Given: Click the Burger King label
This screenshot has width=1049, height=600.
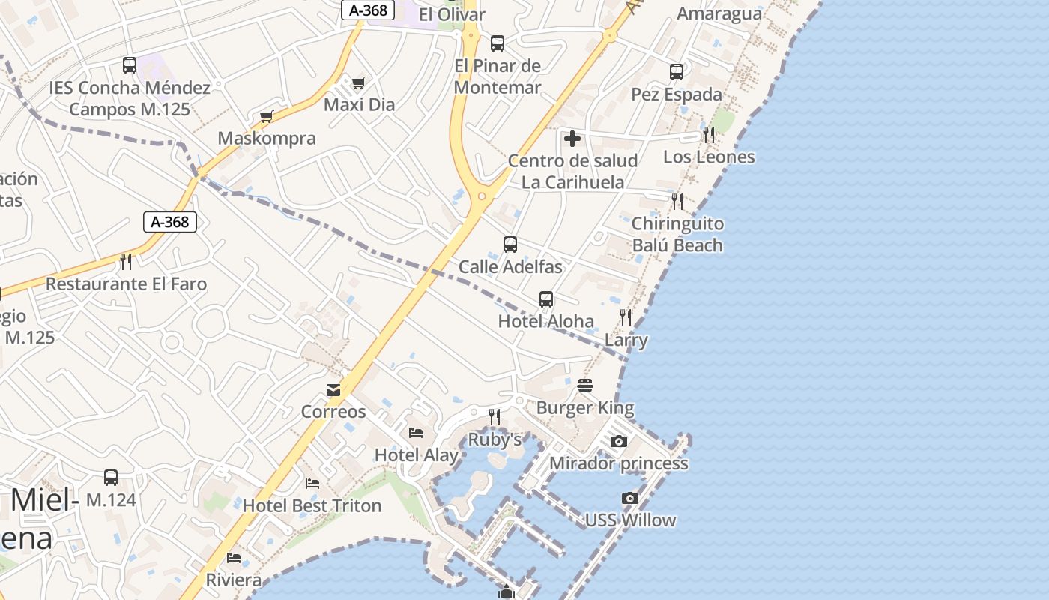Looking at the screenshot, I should point(585,408).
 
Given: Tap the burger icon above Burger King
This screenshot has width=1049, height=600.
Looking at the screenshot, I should point(585,385).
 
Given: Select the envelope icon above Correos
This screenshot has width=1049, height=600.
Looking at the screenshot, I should point(333,390).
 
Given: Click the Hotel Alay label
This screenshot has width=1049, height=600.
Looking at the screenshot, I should point(416,454).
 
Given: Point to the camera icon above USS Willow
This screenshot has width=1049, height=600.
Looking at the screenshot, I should point(630,498).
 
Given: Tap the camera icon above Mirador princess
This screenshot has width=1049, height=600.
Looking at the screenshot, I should point(618,441).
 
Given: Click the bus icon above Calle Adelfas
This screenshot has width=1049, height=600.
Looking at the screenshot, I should point(510,244).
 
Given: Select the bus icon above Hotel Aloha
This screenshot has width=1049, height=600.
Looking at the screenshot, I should point(546,299).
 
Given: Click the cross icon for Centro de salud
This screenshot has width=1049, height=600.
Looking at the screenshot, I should point(572,139).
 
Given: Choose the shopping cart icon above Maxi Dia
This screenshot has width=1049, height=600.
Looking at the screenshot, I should point(359,82).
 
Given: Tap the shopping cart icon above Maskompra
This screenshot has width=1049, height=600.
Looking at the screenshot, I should point(266,116).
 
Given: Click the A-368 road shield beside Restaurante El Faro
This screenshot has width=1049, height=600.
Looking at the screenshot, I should point(170,222).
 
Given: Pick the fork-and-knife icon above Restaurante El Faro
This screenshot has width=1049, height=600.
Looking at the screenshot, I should point(126,262).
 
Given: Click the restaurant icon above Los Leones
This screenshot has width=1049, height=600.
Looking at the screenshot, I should point(708,135).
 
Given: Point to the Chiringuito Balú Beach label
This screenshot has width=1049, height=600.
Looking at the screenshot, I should point(677,234).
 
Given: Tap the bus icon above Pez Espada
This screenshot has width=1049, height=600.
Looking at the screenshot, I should point(677,72).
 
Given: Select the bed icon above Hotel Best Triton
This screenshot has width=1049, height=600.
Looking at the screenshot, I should point(312,484).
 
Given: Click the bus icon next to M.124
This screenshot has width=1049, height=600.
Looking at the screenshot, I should point(111,478).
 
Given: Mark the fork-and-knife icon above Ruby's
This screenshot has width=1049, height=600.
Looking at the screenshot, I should point(495,417).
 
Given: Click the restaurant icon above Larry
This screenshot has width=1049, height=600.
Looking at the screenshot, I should point(626,317).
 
